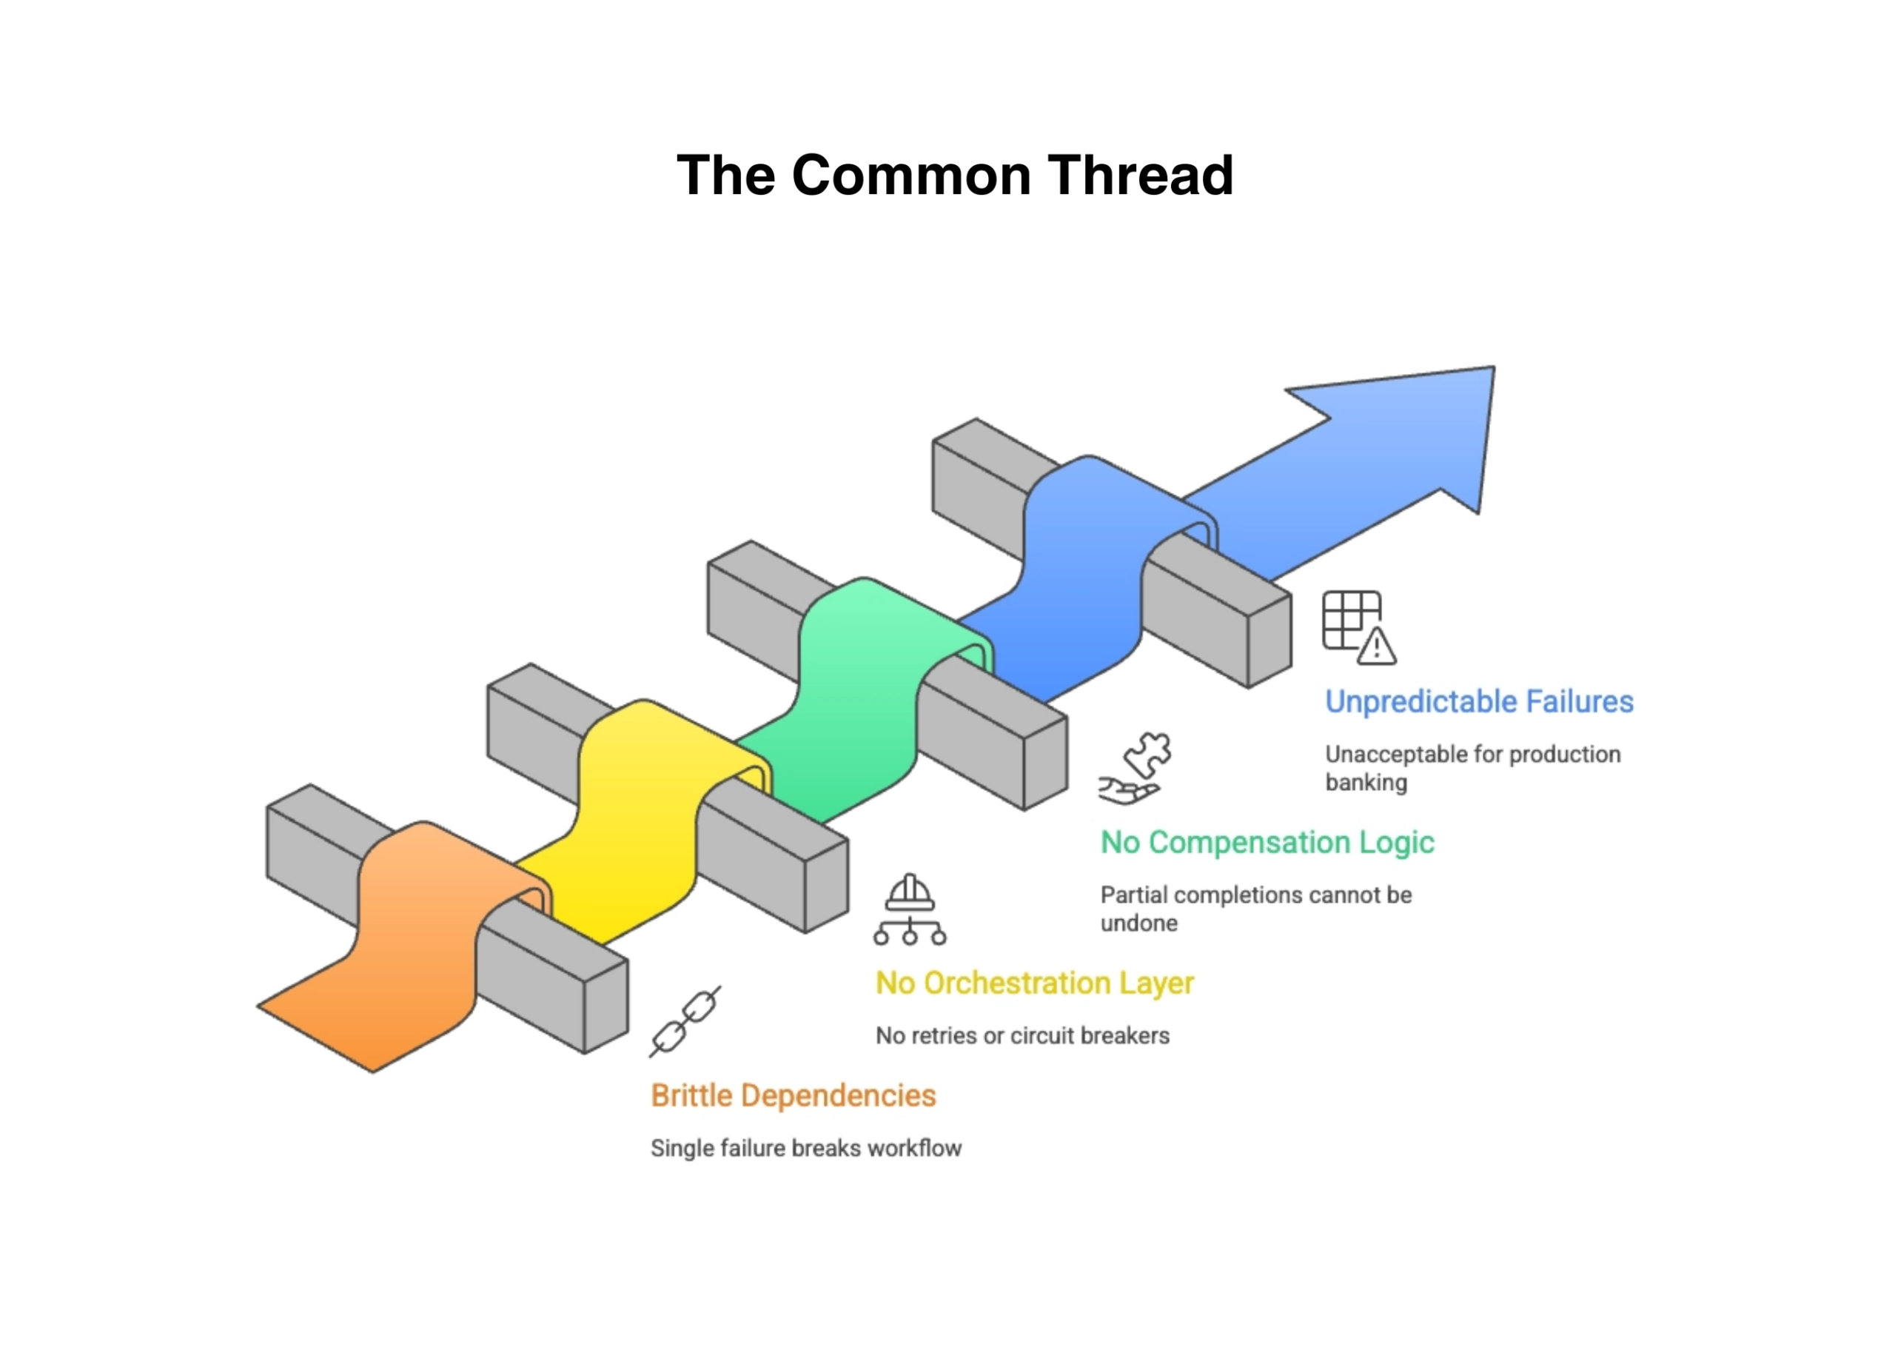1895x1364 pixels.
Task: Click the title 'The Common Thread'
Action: pos(954,175)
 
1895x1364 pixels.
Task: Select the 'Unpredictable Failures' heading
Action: pos(1478,701)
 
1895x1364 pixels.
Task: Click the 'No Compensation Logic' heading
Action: pos(1267,842)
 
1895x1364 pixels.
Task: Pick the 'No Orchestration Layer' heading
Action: pos(1034,982)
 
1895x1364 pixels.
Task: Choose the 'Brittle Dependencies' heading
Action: pos(793,1095)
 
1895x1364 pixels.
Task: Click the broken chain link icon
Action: pos(685,1021)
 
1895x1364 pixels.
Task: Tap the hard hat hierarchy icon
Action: pos(909,909)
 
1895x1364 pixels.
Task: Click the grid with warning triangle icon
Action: pos(1358,628)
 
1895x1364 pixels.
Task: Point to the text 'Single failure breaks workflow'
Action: pos(805,1149)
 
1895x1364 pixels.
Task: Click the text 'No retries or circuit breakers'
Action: pos(1022,1035)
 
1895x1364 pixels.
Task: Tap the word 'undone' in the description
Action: pos(1138,923)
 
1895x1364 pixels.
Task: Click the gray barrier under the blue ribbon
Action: pos(1212,610)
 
